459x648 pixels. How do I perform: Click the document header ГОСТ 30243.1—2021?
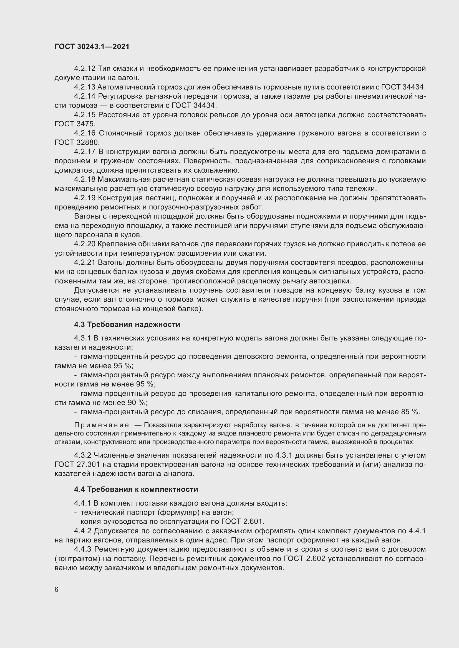tap(92, 47)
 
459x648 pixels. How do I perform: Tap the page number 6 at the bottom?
tap(57, 590)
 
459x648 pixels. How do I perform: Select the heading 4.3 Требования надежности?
tap(127, 325)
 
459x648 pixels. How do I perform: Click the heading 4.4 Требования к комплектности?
tap(136, 489)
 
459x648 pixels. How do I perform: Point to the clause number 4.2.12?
tap(85, 69)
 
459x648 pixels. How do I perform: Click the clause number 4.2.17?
tap(85, 152)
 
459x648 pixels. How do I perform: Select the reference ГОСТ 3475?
tap(75, 124)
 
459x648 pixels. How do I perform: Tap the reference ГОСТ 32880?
tap(77, 142)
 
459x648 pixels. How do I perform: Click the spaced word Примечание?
tap(102, 425)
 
